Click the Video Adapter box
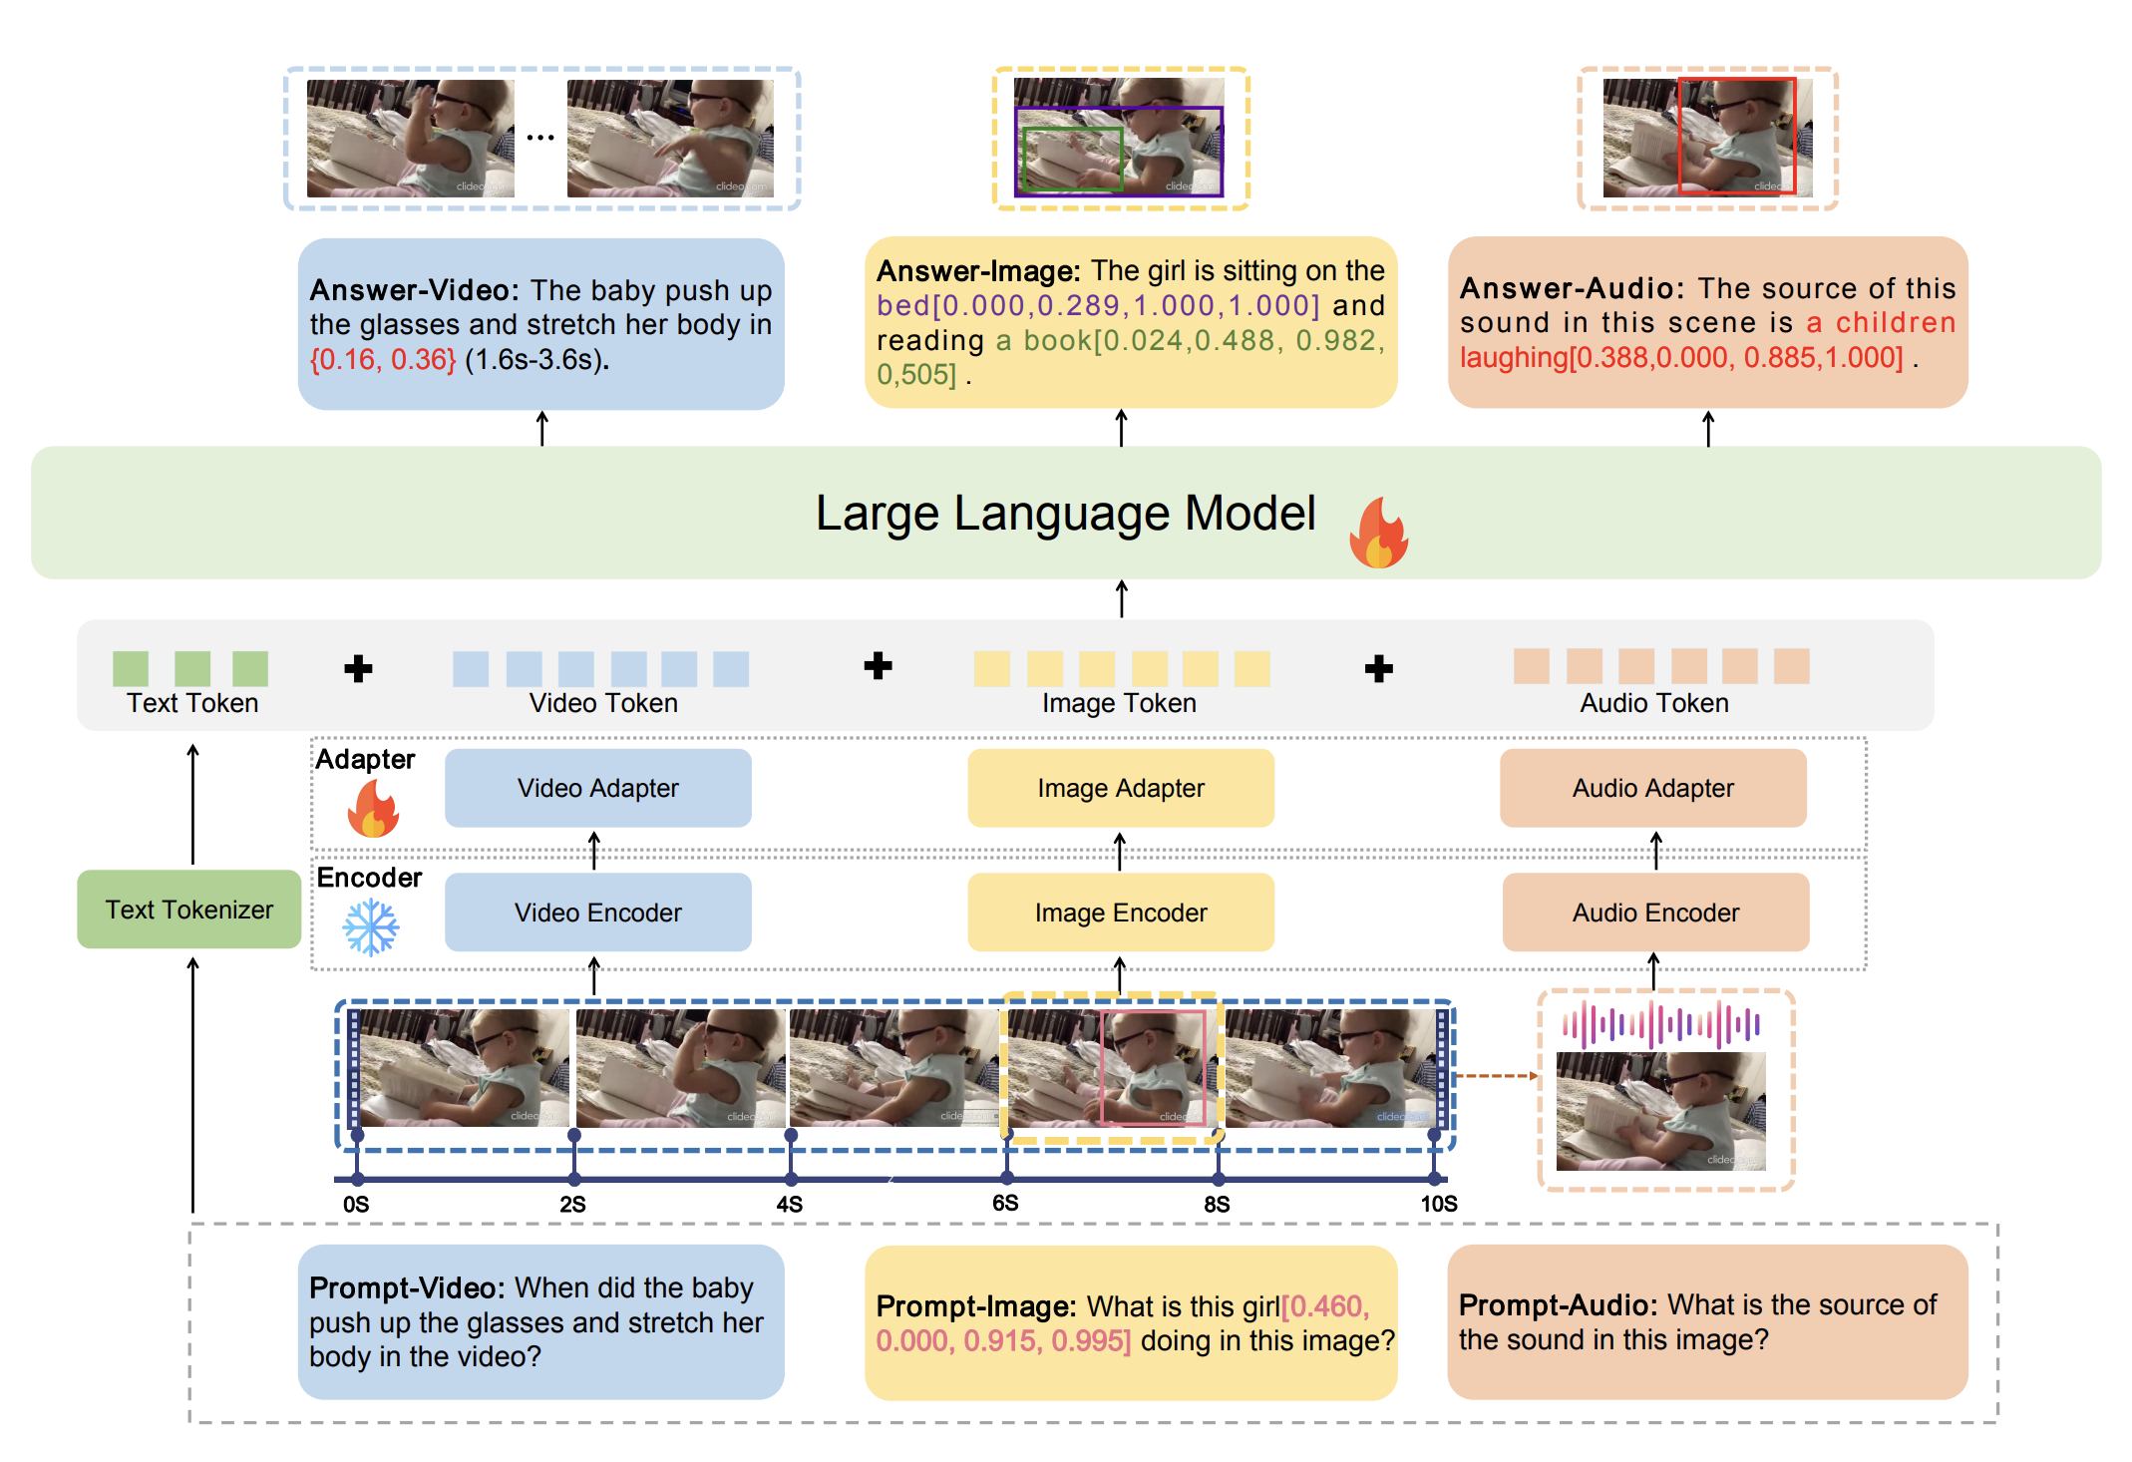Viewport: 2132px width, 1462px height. click(597, 788)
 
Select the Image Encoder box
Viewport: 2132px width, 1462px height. click(1120, 913)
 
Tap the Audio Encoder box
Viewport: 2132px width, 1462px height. click(1654, 913)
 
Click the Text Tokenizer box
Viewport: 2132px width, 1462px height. click(188, 910)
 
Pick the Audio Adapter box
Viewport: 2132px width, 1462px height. click(1652, 788)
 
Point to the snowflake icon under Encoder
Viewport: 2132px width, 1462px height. click(370, 927)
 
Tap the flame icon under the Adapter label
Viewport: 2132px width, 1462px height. click(372, 809)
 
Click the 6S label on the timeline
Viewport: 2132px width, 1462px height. click(1005, 1204)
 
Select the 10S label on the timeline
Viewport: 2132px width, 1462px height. click(1438, 1205)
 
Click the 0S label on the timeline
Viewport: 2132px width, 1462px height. click(356, 1205)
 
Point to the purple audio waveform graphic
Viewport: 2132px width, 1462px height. click(1660, 1024)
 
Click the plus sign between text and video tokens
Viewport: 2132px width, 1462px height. click(358, 668)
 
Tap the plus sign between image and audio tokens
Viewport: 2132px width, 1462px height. click(1378, 668)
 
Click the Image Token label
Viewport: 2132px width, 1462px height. click(1119, 703)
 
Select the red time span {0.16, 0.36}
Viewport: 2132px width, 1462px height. click(383, 359)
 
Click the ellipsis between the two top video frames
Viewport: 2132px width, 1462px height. click(540, 138)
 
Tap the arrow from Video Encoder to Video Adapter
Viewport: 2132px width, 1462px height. click(594, 851)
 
